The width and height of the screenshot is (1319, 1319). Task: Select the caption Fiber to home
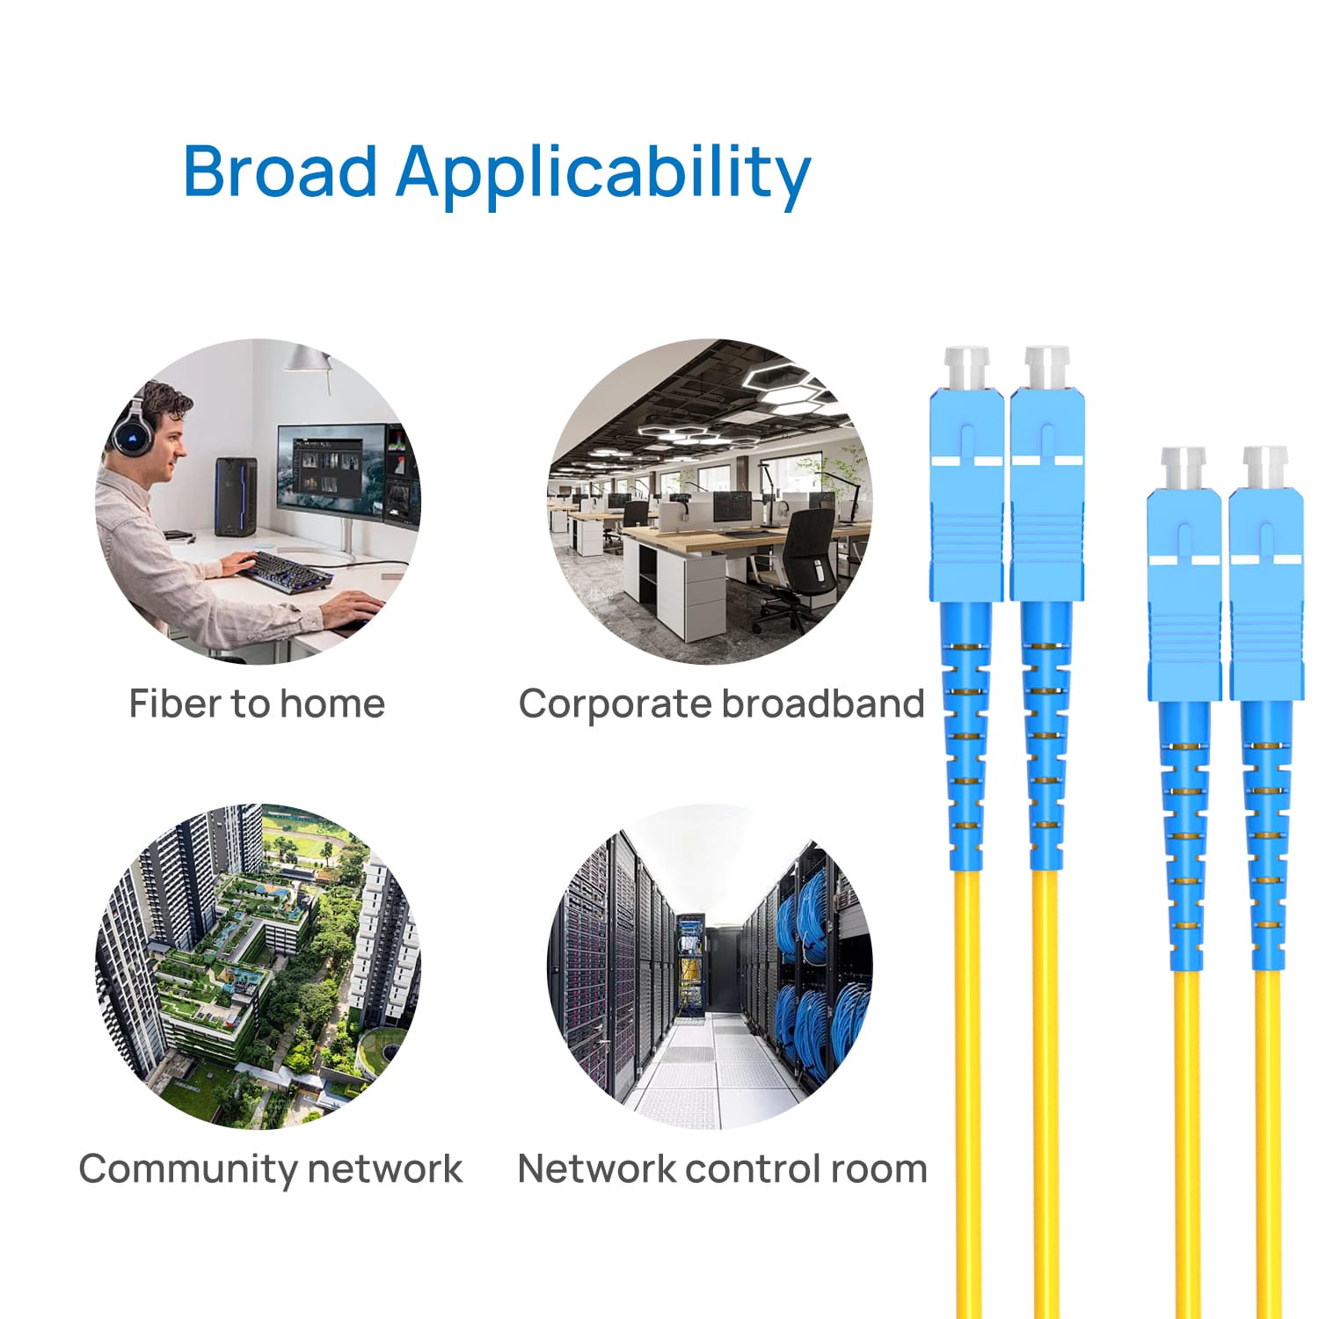coord(257,703)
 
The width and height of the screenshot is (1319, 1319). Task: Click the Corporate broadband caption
coord(721,703)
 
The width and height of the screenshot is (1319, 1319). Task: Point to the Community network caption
coord(270,1169)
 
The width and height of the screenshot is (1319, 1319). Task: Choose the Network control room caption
coord(722,1169)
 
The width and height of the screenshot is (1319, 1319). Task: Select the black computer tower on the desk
coord(236,497)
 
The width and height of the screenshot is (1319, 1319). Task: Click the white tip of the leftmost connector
coord(966,367)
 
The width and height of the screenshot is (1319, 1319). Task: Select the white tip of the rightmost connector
coord(1264,466)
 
